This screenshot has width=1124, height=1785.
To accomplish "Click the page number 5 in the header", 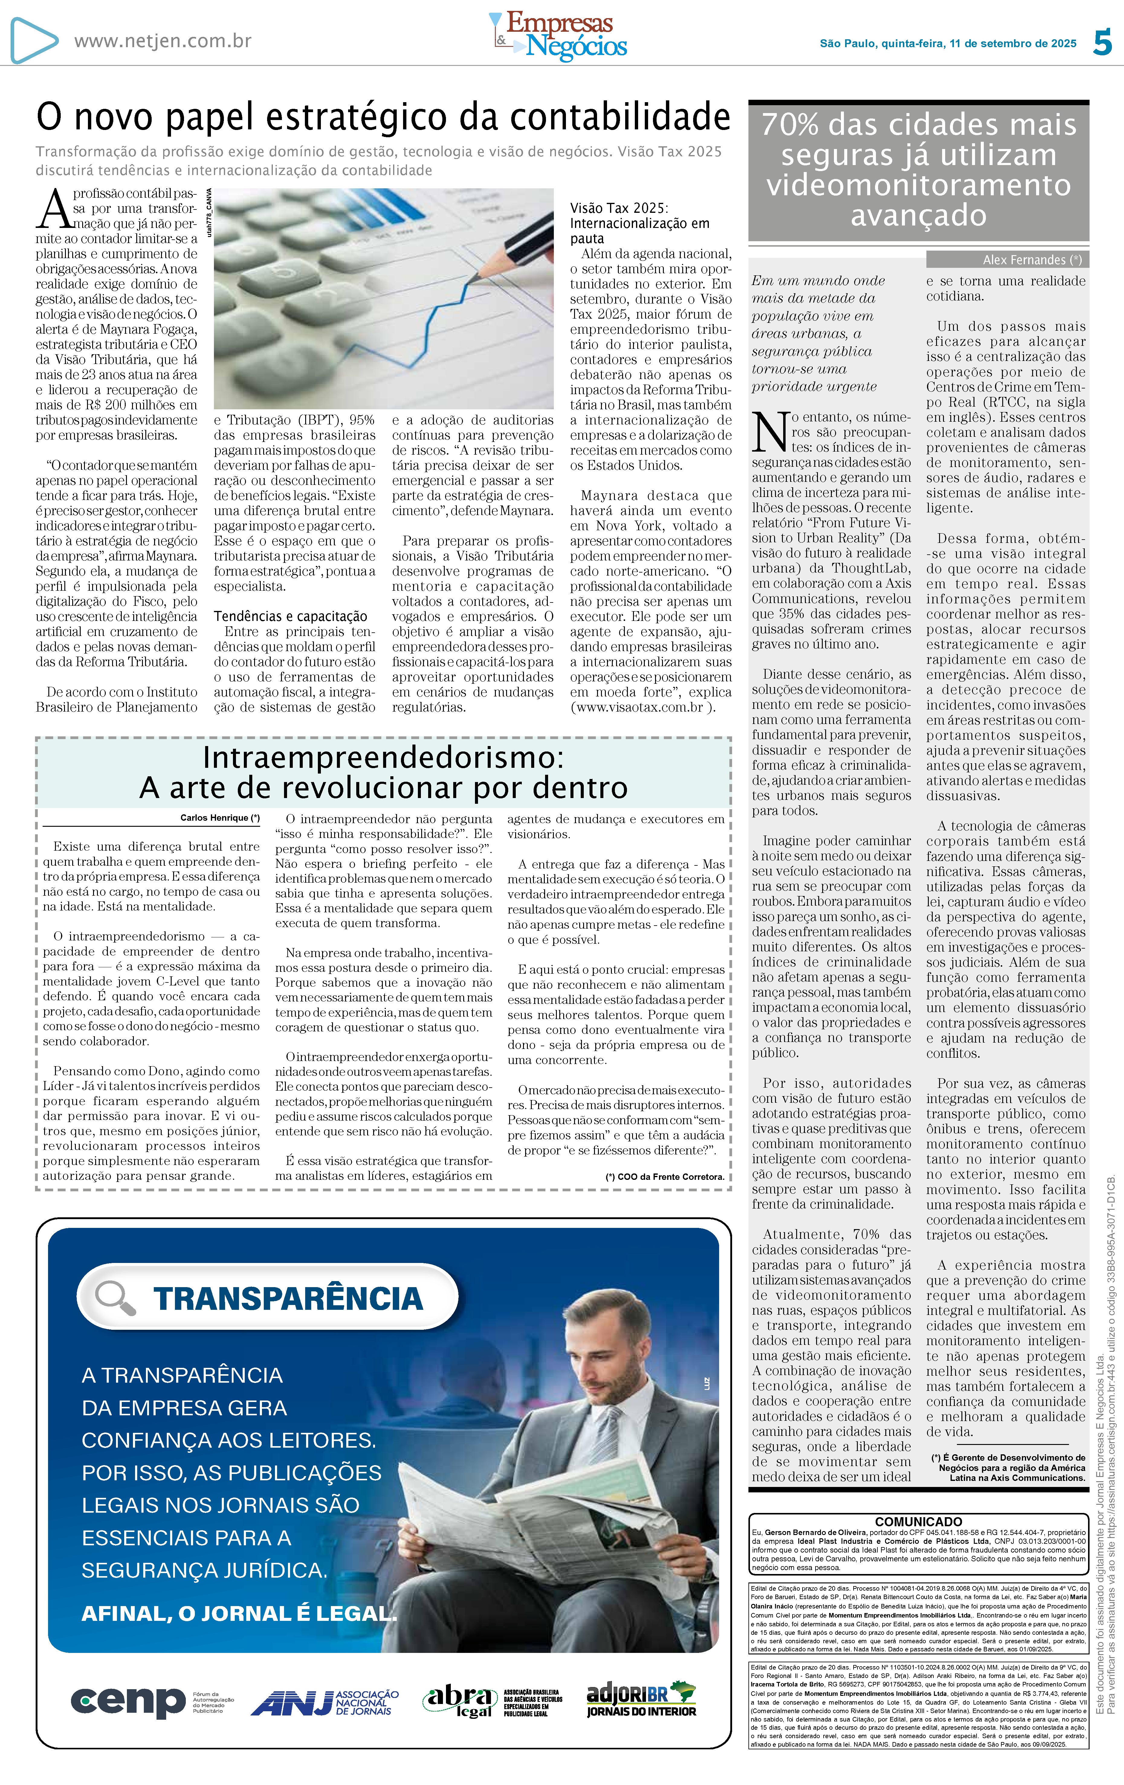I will [x=1103, y=43].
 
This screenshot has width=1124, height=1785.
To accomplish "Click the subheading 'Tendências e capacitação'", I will [x=290, y=616].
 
